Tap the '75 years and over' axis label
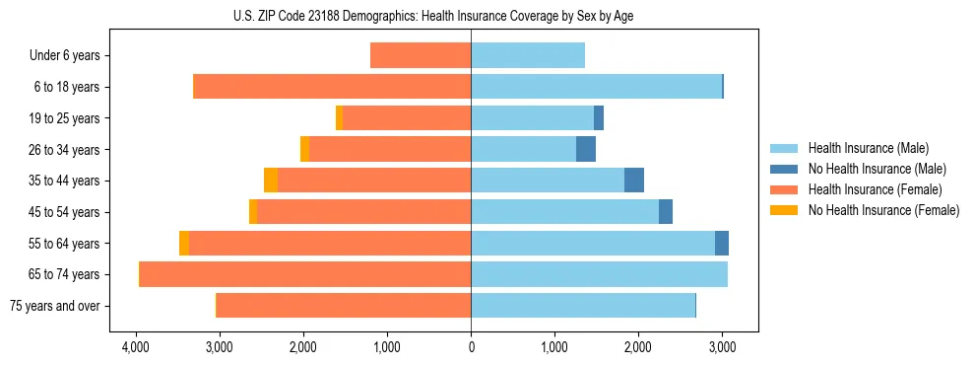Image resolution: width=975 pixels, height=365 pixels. [54, 306]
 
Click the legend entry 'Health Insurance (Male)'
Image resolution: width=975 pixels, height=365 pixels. [868, 148]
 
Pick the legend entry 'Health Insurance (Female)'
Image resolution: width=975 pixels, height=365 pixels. [875, 189]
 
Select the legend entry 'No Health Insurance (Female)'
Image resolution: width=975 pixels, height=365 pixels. [883, 210]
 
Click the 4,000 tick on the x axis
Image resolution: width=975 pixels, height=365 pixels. [135, 347]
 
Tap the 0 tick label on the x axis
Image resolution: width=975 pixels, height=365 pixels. [471, 347]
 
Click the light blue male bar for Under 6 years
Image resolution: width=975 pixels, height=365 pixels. [528, 56]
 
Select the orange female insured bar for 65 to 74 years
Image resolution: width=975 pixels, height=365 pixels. [305, 274]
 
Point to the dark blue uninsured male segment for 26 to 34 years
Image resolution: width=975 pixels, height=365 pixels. [586, 150]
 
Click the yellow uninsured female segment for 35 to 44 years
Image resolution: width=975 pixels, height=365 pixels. [271, 181]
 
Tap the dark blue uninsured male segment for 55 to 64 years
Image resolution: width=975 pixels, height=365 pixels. [722, 244]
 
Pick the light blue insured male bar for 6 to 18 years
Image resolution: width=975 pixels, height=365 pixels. [596, 87]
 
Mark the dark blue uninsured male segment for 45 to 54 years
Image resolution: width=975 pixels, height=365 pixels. [666, 212]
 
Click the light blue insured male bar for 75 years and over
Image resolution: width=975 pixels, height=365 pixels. [583, 306]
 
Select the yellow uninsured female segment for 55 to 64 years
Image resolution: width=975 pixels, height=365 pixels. [184, 244]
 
